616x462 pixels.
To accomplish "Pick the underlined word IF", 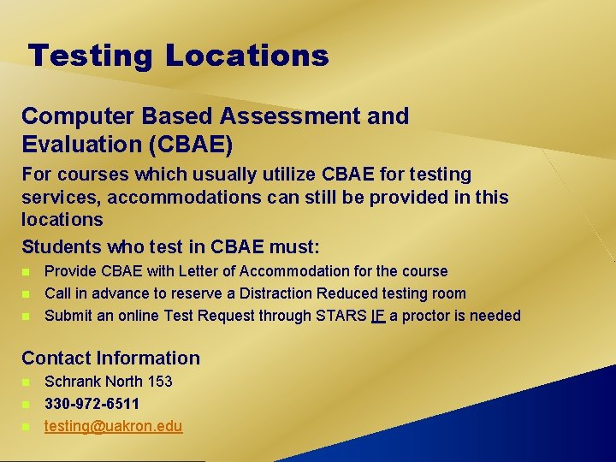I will point(377,316).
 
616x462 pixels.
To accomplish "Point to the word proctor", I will point(428,316).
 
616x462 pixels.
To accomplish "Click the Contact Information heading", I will point(110,358).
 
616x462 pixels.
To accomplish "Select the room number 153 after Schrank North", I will point(159,382).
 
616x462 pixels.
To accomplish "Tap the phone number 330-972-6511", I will point(92,403).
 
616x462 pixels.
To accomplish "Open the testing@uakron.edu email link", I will point(113,425).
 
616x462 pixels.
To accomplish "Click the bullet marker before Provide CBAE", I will point(27,272).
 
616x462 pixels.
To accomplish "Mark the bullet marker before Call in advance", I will point(27,294).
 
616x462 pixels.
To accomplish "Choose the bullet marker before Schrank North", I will point(27,382).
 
